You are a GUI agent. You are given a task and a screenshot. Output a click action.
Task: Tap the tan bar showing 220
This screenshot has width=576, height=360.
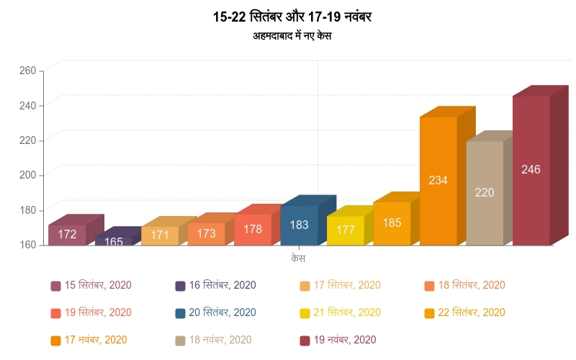[485, 193]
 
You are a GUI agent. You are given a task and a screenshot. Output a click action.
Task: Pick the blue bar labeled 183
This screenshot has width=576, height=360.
[300, 225]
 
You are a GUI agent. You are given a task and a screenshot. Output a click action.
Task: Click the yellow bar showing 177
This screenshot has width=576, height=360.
[346, 230]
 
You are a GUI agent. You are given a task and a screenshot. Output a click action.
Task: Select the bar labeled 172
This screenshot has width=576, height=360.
[67, 235]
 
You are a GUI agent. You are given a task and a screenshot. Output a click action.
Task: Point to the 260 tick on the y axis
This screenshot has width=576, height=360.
[27, 71]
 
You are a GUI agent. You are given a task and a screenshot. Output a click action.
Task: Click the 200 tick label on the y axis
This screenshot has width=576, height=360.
[27, 175]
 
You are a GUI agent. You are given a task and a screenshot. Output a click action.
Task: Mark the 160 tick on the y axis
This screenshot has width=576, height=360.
[27, 245]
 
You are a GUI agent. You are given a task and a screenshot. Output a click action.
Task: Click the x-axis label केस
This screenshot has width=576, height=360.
[298, 257]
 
